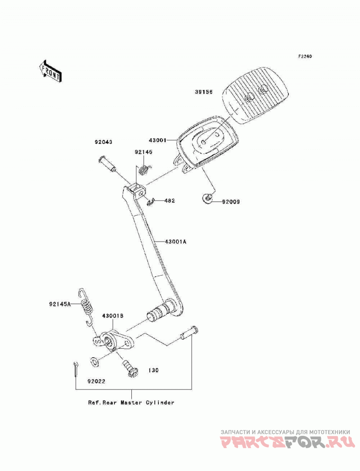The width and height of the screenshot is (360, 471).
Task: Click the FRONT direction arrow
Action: tap(50, 71)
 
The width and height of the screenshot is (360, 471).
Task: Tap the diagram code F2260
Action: tap(305, 56)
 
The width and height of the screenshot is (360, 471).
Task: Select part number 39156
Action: tap(203, 92)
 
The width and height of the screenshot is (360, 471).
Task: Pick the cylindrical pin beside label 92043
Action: tap(107, 164)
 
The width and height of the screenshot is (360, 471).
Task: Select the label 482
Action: tap(170, 200)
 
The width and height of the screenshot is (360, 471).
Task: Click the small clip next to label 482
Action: tap(151, 202)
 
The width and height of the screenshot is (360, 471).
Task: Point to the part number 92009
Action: tap(231, 202)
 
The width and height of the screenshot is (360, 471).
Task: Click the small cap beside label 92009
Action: tap(207, 198)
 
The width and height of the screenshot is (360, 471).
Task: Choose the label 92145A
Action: tap(60, 304)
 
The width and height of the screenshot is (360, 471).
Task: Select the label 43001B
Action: tap(112, 316)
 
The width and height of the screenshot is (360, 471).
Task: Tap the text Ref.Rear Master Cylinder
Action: tap(131, 402)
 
